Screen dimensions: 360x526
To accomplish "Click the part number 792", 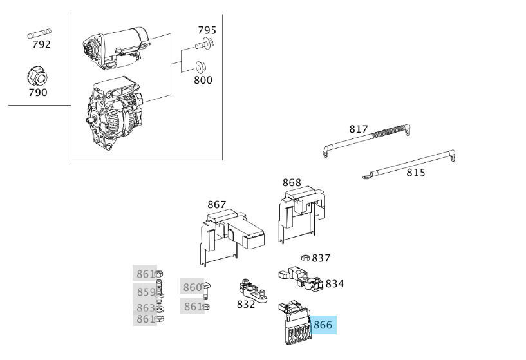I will tap(41, 44).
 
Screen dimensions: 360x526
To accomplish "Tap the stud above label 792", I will tap(40, 32).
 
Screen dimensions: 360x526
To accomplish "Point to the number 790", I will tap(38, 92).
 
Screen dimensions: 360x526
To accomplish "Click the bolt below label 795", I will tap(205, 45).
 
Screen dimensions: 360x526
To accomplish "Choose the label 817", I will tap(359, 129).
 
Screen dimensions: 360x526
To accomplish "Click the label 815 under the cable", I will tap(416, 173).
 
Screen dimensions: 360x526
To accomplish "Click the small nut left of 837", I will tap(306, 258).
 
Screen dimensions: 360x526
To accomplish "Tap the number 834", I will tap(334, 284).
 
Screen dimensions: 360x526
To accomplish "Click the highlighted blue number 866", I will tap(323, 325).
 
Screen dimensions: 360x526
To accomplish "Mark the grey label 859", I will tap(146, 292).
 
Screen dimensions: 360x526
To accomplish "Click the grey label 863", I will tap(146, 308).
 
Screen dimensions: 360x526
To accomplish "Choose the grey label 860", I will tap(193, 287).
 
